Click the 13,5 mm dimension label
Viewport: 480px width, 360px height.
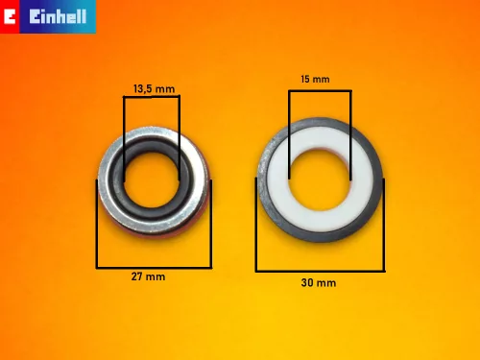154,88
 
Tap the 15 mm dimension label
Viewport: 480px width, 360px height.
315,79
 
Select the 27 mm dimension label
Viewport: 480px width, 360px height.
148,276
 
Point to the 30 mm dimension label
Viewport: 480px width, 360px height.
319,282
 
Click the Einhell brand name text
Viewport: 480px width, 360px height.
58,16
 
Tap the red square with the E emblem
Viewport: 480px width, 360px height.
10,16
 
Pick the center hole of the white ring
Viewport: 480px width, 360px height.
320,180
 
